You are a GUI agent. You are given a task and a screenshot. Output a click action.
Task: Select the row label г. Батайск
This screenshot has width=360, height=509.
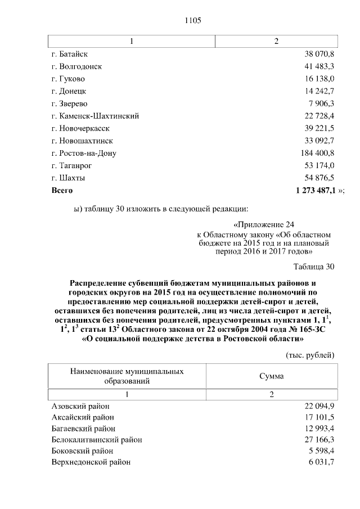[70, 54]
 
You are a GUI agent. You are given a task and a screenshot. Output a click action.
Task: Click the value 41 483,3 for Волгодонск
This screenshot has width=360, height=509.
[318, 66]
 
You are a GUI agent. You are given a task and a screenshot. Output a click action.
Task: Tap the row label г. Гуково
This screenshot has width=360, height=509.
[67, 79]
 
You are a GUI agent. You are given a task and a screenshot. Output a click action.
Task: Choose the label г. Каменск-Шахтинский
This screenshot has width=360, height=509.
[94, 116]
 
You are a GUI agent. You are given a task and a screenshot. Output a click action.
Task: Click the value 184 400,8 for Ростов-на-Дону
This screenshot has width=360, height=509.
[317, 153]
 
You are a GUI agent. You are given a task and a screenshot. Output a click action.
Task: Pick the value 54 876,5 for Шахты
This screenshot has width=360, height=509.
[318, 178]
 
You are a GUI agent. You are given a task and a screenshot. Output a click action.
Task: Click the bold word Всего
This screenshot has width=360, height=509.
[62, 191]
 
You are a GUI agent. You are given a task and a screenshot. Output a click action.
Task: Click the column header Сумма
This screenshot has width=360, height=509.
[271, 376]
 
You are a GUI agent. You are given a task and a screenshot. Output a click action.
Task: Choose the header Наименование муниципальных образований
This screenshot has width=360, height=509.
[127, 376]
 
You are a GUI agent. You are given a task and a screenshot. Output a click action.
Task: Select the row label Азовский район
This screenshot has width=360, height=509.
[80, 406]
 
